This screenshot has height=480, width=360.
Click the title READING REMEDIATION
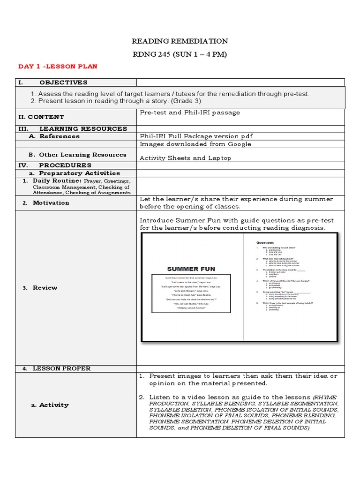pyautogui.click(x=180, y=41)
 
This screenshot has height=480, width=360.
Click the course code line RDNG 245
pyautogui.click(x=180, y=54)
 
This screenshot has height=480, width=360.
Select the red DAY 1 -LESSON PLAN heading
pyautogui.click(x=58, y=67)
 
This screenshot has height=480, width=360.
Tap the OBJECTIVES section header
pyautogui.click(x=63, y=82)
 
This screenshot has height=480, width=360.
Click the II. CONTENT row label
pyautogui.click(x=41, y=117)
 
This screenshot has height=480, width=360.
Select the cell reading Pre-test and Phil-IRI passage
pyautogui.click(x=190, y=112)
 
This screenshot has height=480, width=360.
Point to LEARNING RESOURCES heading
pyautogui.click(x=82, y=128)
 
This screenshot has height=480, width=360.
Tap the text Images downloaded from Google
pyautogui.click(x=195, y=144)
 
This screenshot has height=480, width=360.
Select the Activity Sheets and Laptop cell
pyautogui.click(x=185, y=158)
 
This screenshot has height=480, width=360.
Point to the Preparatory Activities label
pyautogui.click(x=78, y=173)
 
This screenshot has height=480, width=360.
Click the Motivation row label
pyautogui.click(x=51, y=203)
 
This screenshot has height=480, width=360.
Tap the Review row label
pyautogui.click(x=45, y=288)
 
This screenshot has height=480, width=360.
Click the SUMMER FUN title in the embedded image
pyautogui.click(x=191, y=269)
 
